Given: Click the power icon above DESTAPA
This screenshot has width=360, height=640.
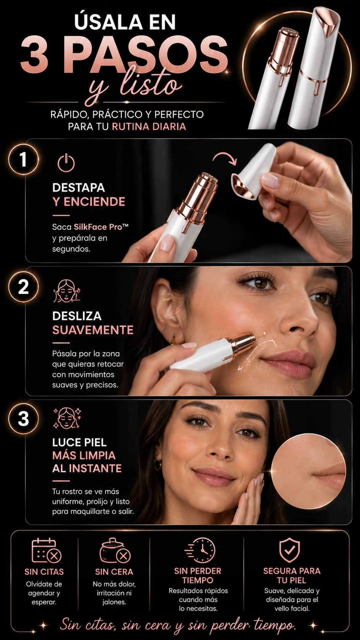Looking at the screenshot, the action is pos(66,163).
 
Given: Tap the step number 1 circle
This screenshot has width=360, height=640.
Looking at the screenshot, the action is pos(23,160).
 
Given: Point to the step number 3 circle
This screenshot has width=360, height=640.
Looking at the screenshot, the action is pos(23,419).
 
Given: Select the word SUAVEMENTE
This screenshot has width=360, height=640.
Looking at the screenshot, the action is pos(93,330).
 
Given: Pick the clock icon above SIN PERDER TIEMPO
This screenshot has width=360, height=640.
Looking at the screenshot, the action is pos(200,550).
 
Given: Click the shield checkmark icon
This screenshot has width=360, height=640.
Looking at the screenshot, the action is pos(289,550).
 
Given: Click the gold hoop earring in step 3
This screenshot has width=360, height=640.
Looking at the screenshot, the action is pos(158,465).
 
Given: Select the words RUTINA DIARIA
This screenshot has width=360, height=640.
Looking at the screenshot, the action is pos(149,127).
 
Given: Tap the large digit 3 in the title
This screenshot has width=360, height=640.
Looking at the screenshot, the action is pos(34,55).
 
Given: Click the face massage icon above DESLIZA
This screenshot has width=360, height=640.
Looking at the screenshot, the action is pos(67,291).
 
